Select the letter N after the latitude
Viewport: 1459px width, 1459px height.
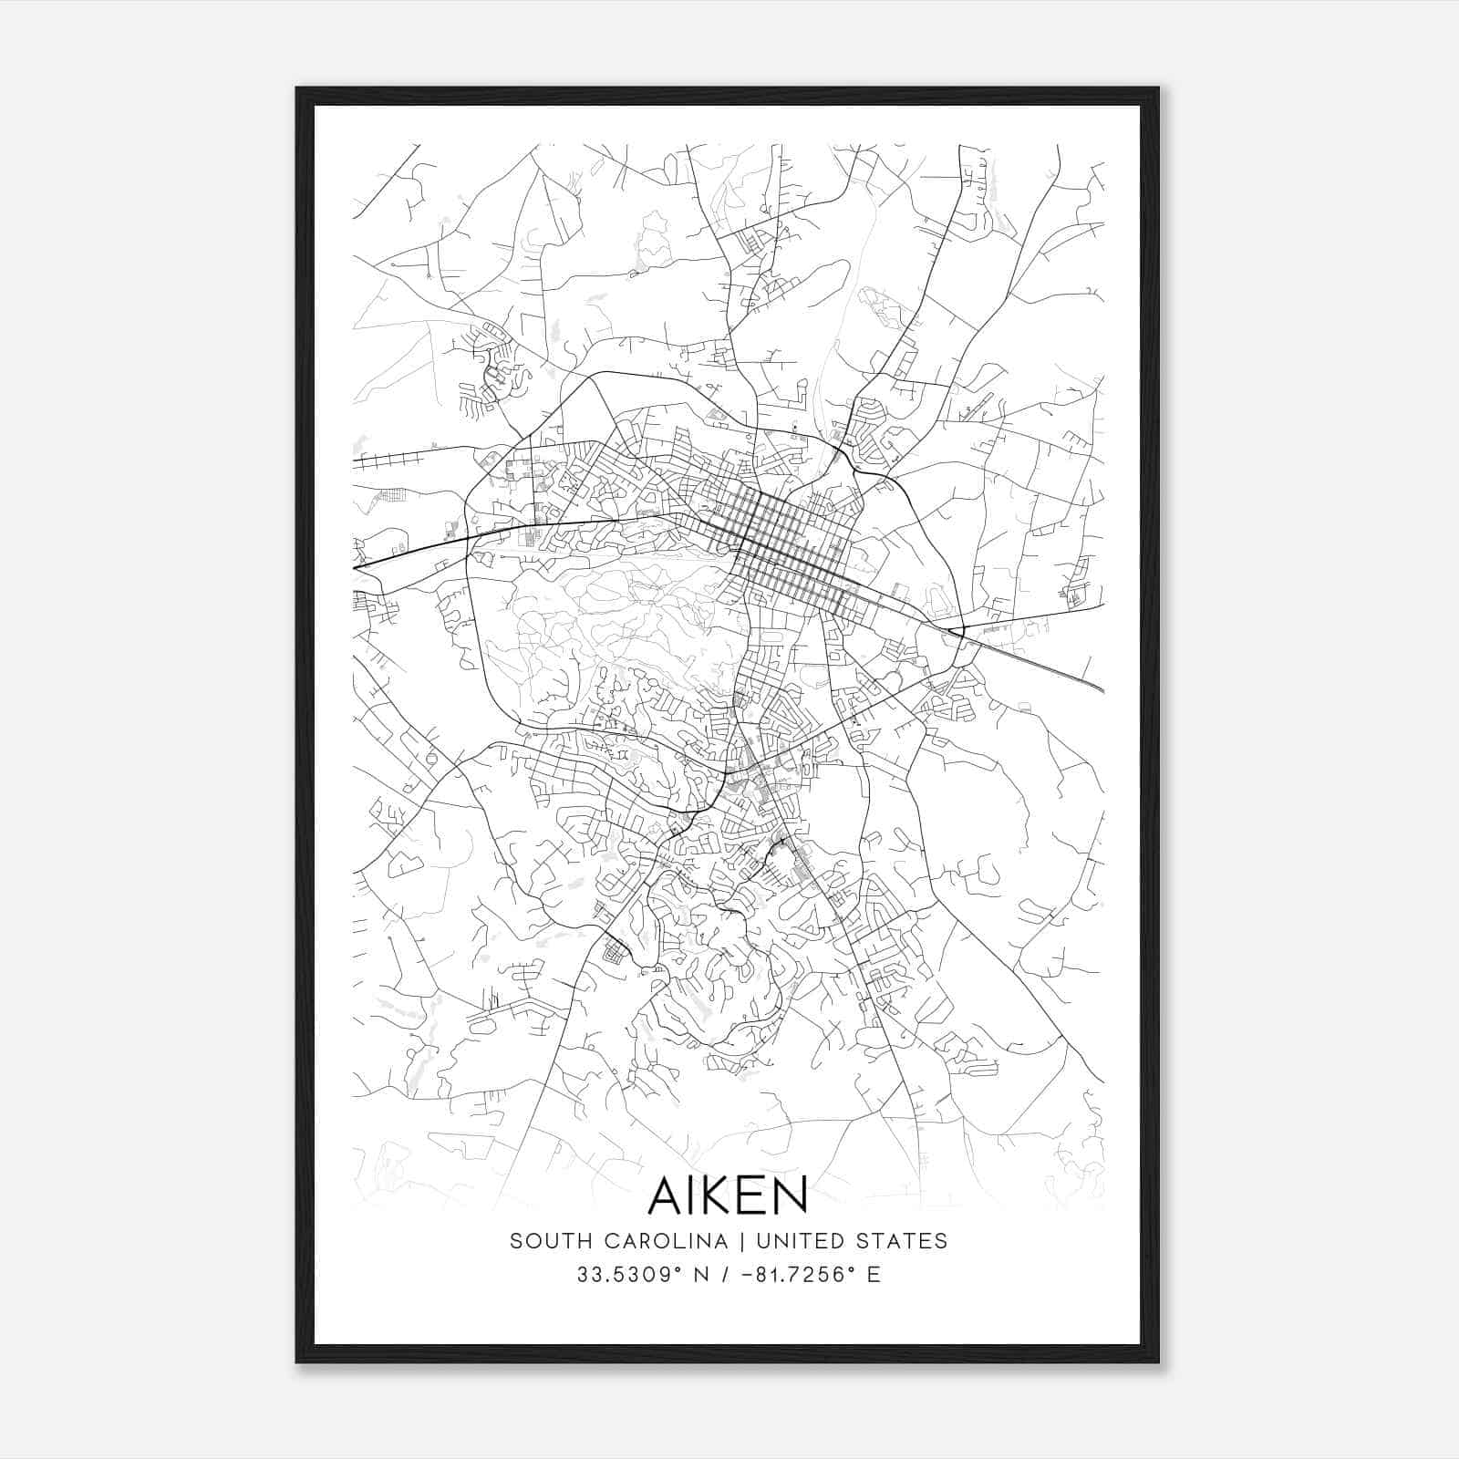coord(702,1275)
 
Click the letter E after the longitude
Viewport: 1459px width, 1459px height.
coord(874,1275)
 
